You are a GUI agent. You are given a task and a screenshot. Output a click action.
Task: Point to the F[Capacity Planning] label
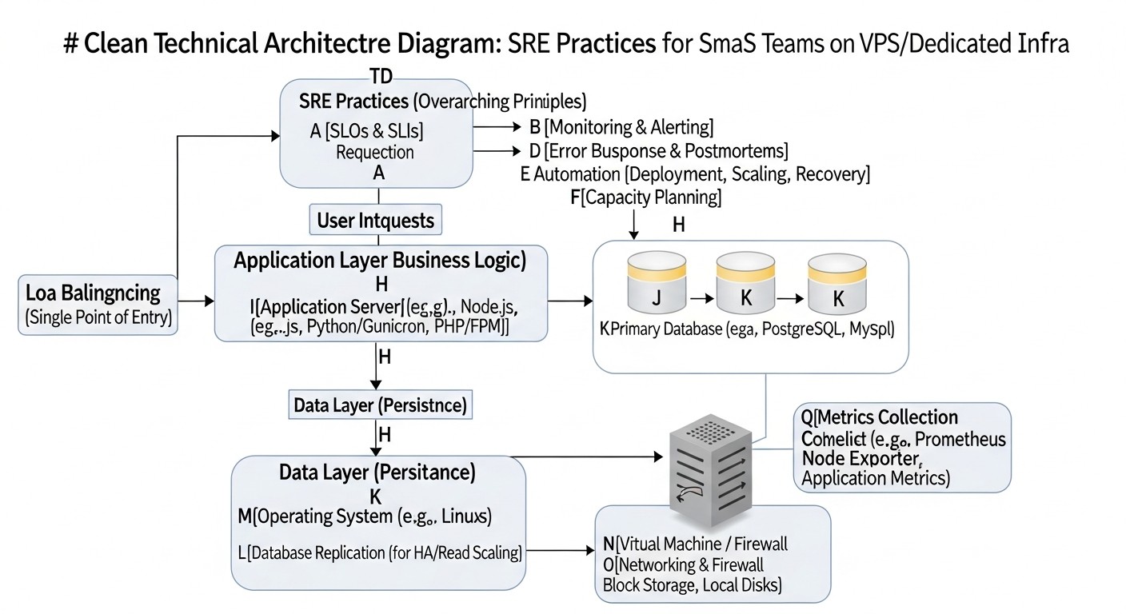click(646, 197)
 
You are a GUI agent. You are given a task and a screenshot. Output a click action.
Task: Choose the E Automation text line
click(695, 173)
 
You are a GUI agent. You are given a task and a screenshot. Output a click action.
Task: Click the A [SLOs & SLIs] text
click(366, 131)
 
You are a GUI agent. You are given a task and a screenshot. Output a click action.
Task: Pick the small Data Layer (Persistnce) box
click(379, 405)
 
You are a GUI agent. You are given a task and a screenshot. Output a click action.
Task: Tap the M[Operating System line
click(365, 516)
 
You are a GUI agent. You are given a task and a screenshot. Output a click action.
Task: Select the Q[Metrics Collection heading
click(880, 417)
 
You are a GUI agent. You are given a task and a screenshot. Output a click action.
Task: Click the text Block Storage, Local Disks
click(692, 584)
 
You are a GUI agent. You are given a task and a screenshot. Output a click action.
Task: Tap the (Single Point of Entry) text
click(98, 317)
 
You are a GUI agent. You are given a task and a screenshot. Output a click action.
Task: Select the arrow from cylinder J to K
click(701, 298)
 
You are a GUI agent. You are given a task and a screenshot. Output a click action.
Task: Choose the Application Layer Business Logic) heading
click(379, 261)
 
